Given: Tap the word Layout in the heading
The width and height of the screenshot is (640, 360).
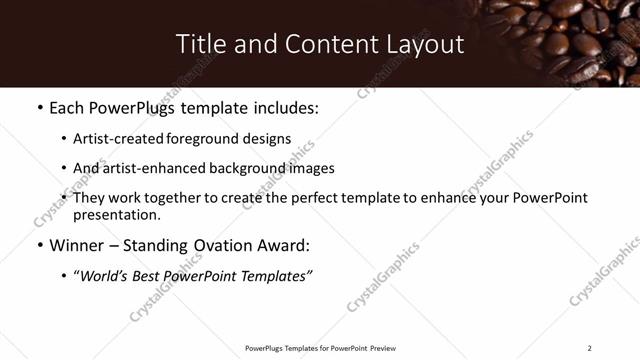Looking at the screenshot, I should tap(426, 44).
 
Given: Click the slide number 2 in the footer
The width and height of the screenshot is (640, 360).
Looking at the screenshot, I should tap(590, 347).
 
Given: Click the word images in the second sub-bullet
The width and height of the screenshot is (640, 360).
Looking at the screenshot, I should tap(312, 169).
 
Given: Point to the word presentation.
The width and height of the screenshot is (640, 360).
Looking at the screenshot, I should tap(116, 214).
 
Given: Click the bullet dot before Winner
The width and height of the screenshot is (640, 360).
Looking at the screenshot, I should tap(39, 245).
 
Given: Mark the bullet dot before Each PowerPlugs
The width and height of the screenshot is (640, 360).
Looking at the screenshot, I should tap(39, 106).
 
